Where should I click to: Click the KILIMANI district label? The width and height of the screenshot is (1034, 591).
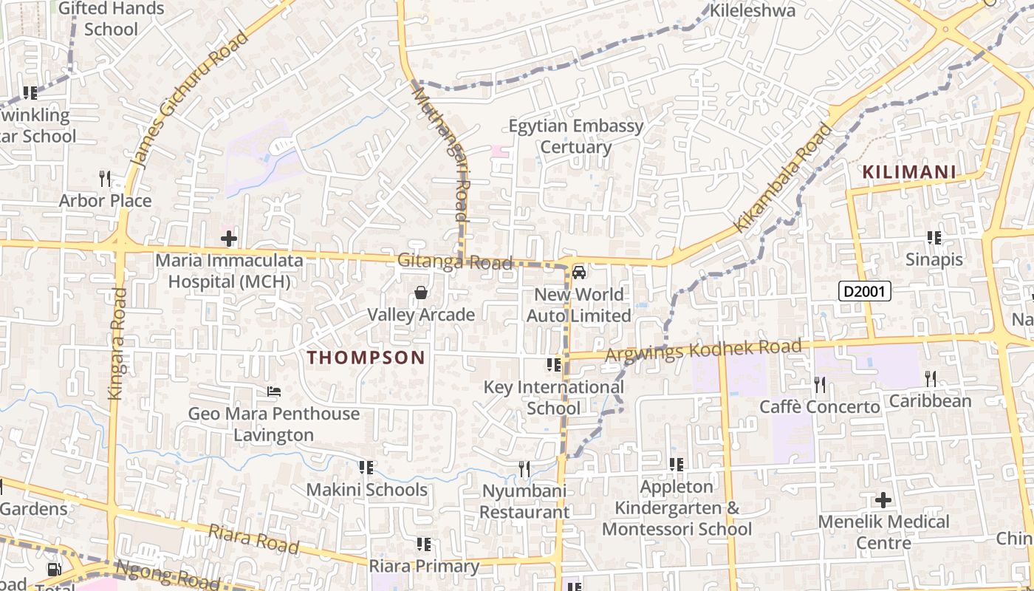click(x=909, y=173)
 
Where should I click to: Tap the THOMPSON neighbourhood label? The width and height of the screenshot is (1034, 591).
click(x=366, y=358)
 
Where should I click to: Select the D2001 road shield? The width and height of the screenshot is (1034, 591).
click(x=865, y=291)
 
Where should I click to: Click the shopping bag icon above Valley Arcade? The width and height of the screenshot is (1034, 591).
click(x=421, y=293)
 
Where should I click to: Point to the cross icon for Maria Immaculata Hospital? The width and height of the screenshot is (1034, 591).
click(x=229, y=239)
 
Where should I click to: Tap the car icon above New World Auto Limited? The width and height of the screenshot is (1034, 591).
click(x=579, y=273)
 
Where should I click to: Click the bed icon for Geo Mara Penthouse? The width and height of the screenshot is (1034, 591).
click(x=274, y=392)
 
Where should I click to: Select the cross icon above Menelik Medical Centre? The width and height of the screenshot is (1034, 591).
click(x=883, y=500)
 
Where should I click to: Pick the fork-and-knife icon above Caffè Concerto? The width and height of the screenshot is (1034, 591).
click(x=820, y=384)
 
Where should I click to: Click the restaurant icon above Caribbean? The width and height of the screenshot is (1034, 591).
click(x=931, y=379)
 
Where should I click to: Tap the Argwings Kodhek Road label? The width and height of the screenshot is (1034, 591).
click(x=703, y=350)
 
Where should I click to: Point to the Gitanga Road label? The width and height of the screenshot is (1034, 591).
click(x=455, y=262)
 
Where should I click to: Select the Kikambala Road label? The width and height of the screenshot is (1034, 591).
click(x=784, y=177)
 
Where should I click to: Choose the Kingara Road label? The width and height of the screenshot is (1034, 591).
click(x=118, y=344)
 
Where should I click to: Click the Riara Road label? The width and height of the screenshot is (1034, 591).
click(x=253, y=539)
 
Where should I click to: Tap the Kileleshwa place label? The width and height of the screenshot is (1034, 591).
click(x=753, y=10)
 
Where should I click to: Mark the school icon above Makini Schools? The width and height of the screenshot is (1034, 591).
click(x=366, y=468)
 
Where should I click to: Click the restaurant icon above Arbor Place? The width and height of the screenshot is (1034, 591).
click(x=105, y=178)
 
